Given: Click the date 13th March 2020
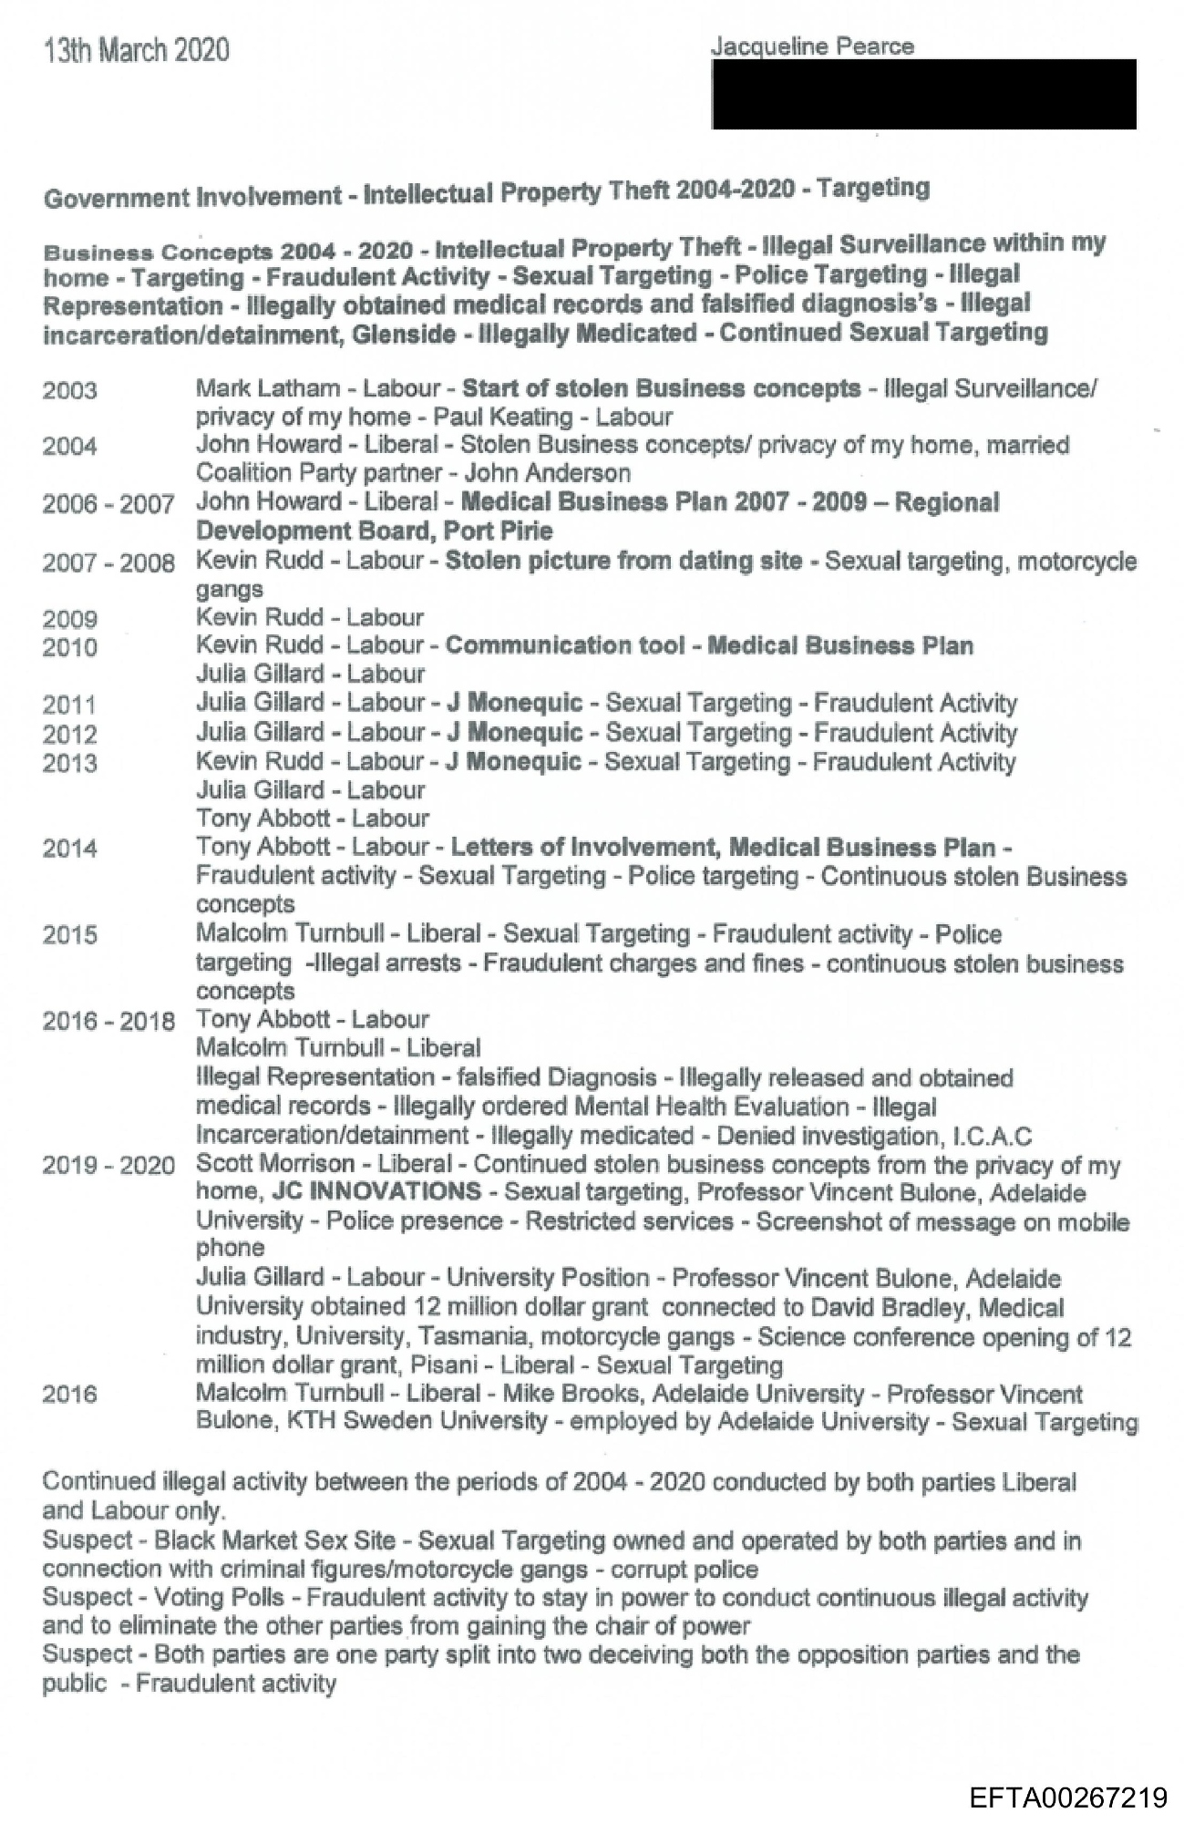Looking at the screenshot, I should tap(136, 50).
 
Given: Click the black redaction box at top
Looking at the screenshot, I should tap(923, 94).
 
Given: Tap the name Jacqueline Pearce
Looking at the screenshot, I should tap(812, 46).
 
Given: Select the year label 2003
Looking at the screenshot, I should tap(69, 391).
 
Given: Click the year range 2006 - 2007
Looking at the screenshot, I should tap(108, 504).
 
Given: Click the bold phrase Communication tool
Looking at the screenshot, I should tap(564, 646).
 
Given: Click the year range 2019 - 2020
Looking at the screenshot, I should tap(108, 1166).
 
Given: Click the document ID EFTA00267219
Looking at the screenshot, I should tap(1067, 1797).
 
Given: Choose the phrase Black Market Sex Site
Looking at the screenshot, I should tap(275, 1540).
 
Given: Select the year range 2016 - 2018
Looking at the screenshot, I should tap(108, 1021).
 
